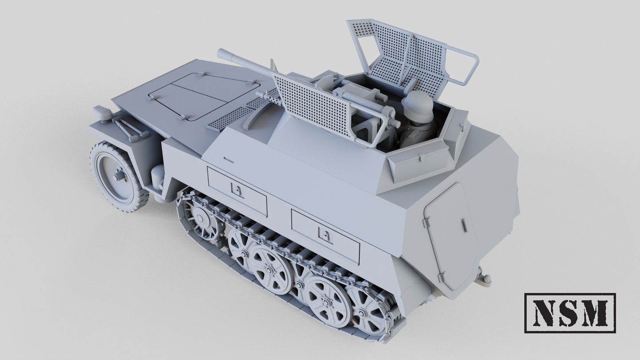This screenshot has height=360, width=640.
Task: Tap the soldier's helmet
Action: pos(418,105)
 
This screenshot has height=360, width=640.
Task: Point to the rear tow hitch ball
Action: pos(485,279)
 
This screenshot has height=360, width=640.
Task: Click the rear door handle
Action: pos(464,225)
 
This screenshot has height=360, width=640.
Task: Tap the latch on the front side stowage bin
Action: pos(238,191)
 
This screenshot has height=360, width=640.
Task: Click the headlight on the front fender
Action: pos(102,113)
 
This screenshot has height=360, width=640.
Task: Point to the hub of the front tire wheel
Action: pos(119,177)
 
